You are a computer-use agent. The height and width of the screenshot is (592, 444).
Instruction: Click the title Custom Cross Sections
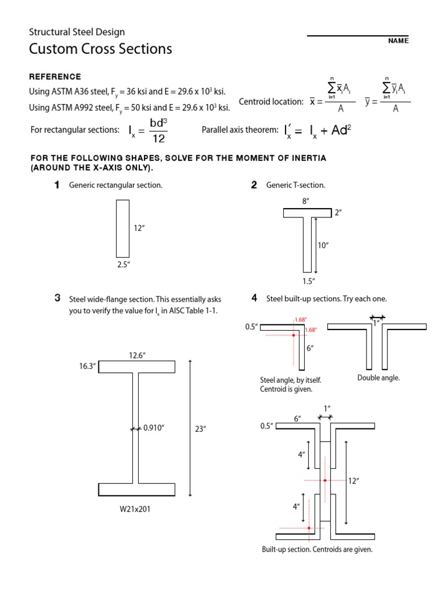click(101, 49)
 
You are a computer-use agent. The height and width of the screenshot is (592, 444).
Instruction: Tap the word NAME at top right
click(398, 41)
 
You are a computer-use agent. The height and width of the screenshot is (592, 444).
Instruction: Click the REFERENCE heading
click(55, 77)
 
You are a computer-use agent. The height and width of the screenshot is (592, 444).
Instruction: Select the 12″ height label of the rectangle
click(139, 228)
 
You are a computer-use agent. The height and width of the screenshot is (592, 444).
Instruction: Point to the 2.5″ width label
click(123, 264)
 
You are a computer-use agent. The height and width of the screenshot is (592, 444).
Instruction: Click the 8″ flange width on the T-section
click(306, 201)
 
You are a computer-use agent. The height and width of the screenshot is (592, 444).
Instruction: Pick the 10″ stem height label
click(323, 245)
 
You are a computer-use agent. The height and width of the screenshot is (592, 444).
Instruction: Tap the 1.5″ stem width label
click(308, 281)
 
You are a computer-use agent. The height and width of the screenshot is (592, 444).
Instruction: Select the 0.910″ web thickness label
click(154, 428)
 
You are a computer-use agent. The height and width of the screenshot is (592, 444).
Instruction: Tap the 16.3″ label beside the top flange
click(87, 366)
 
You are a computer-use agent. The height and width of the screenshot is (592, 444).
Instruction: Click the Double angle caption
click(378, 378)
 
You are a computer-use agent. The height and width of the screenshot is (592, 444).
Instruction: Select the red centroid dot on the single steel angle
click(294, 335)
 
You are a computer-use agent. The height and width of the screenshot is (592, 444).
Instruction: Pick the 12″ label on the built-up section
click(354, 480)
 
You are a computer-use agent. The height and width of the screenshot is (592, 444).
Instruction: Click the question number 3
click(58, 298)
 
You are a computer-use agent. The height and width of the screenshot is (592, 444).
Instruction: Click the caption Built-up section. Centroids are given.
click(317, 549)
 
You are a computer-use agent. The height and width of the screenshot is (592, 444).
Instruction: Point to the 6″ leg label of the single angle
click(310, 348)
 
